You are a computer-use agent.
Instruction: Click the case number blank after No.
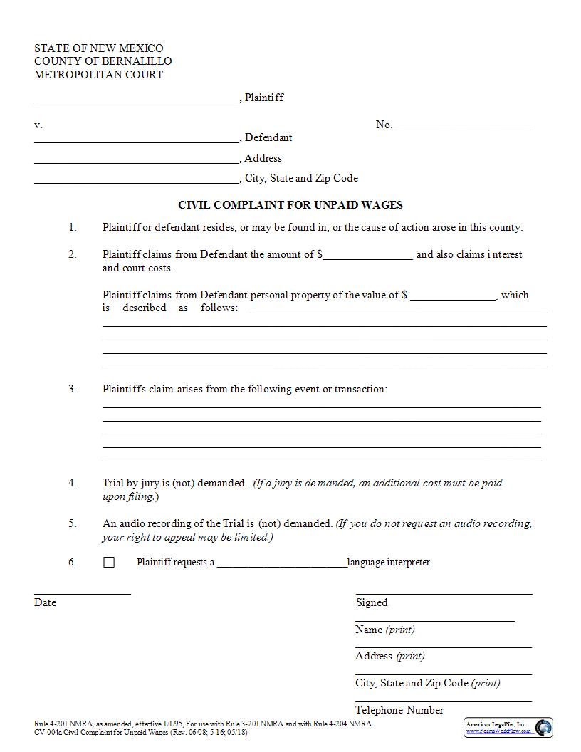[461, 128]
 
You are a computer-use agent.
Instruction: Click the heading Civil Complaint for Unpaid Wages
[290, 205]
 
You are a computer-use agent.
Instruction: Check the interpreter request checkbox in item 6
[109, 563]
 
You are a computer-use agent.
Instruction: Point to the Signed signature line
[444, 592]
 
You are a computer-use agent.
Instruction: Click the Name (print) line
[434, 620]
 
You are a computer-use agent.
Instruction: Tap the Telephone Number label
[399, 710]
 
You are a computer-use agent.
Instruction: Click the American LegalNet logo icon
[543, 727]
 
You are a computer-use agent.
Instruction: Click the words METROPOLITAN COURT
[99, 75]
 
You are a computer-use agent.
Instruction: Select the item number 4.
[72, 483]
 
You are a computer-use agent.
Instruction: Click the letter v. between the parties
[38, 125]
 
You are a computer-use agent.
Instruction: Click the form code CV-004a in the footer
[48, 732]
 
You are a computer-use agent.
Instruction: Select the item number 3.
[72, 390]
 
